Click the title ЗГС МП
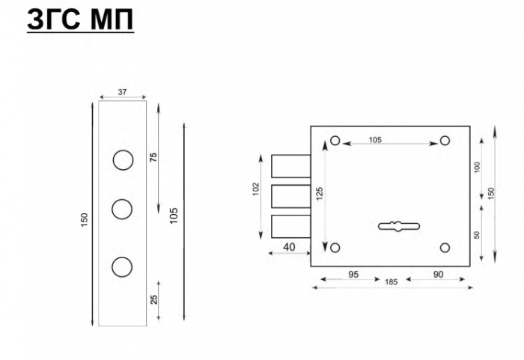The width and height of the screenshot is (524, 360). (x=80, y=19)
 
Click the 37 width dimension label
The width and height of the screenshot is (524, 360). (x=122, y=92)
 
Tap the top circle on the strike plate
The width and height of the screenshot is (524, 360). (x=123, y=160)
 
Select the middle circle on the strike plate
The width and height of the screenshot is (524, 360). (x=122, y=210)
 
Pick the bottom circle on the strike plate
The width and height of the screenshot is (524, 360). (x=122, y=267)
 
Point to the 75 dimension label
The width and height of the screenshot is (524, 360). (x=153, y=157)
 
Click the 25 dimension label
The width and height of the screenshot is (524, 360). (x=153, y=299)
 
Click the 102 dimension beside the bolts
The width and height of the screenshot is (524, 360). (x=256, y=189)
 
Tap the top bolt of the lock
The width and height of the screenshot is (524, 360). (x=290, y=166)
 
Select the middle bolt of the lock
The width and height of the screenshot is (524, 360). (x=290, y=196)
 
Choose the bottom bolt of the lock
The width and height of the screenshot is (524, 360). (x=290, y=226)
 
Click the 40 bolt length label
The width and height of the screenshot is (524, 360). (x=289, y=247)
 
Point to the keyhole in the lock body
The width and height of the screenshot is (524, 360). (x=399, y=226)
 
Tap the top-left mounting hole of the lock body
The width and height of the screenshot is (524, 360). (x=335, y=141)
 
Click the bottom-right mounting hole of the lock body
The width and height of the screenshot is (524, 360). (x=445, y=248)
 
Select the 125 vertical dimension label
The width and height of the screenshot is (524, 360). (x=320, y=194)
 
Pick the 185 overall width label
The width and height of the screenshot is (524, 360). (x=391, y=282)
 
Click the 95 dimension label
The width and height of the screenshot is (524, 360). (x=353, y=275)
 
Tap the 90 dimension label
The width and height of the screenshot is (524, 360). (x=438, y=275)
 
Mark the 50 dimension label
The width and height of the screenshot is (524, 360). (x=477, y=235)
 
